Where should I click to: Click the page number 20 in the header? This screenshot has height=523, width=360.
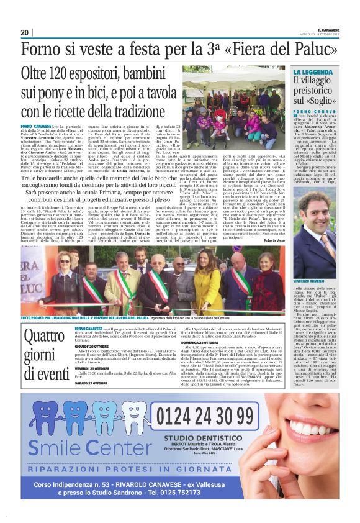tap(24, 32)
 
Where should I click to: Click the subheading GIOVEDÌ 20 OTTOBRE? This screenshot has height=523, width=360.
tap(91, 347)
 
